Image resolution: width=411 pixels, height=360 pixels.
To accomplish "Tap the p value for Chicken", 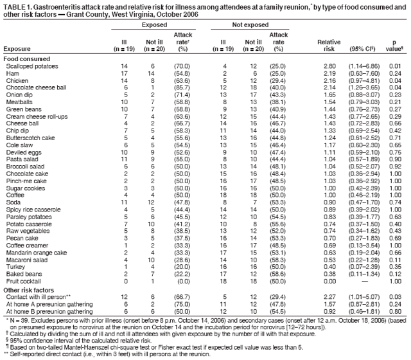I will pyautogui.click(x=396, y=82).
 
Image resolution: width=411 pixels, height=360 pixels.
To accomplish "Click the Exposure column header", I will pyautogui.click(x=17, y=48).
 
